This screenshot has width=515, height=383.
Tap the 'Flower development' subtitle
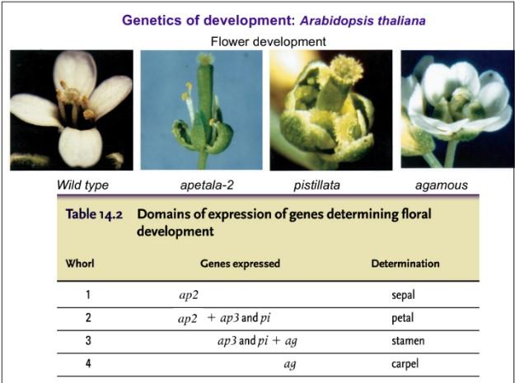pos(268,40)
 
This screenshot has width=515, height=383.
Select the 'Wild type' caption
pos(82,184)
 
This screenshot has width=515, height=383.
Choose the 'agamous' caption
pos(442,184)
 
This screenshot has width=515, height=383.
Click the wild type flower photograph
pos(72,110)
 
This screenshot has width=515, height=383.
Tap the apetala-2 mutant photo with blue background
pos(202,110)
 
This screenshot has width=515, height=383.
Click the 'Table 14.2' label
pos(95,214)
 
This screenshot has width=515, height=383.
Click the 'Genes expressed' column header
pos(240,264)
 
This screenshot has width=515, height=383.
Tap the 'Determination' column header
pos(405,264)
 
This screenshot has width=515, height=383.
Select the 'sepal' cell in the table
pos(404,293)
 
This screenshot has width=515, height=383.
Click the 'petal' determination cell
pos(404,317)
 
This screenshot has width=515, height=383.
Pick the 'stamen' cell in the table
pos(404,340)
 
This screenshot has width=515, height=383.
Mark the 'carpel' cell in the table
pos(404,363)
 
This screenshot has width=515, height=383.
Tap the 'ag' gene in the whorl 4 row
pos(289,363)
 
